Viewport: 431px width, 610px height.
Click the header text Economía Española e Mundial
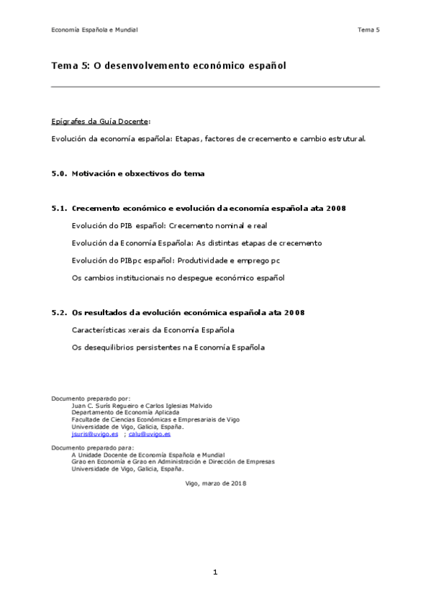coord(94,29)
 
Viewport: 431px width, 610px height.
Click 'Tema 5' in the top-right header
coord(368,29)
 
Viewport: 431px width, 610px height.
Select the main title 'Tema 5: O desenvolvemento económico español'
coord(169,65)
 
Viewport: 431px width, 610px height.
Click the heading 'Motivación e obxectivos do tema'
coord(138,173)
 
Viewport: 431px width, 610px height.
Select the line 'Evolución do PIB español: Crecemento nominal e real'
coord(170,225)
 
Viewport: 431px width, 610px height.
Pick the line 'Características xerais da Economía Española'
coord(153,329)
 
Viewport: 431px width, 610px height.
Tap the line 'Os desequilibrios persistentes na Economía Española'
coord(168,347)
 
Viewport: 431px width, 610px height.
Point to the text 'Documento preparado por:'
coord(91,398)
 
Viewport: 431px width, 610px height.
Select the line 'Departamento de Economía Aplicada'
coord(121,412)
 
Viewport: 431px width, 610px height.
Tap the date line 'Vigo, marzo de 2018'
coord(216,483)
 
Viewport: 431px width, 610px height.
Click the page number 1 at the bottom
coord(214,572)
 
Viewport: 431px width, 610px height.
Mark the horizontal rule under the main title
coord(215,87)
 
